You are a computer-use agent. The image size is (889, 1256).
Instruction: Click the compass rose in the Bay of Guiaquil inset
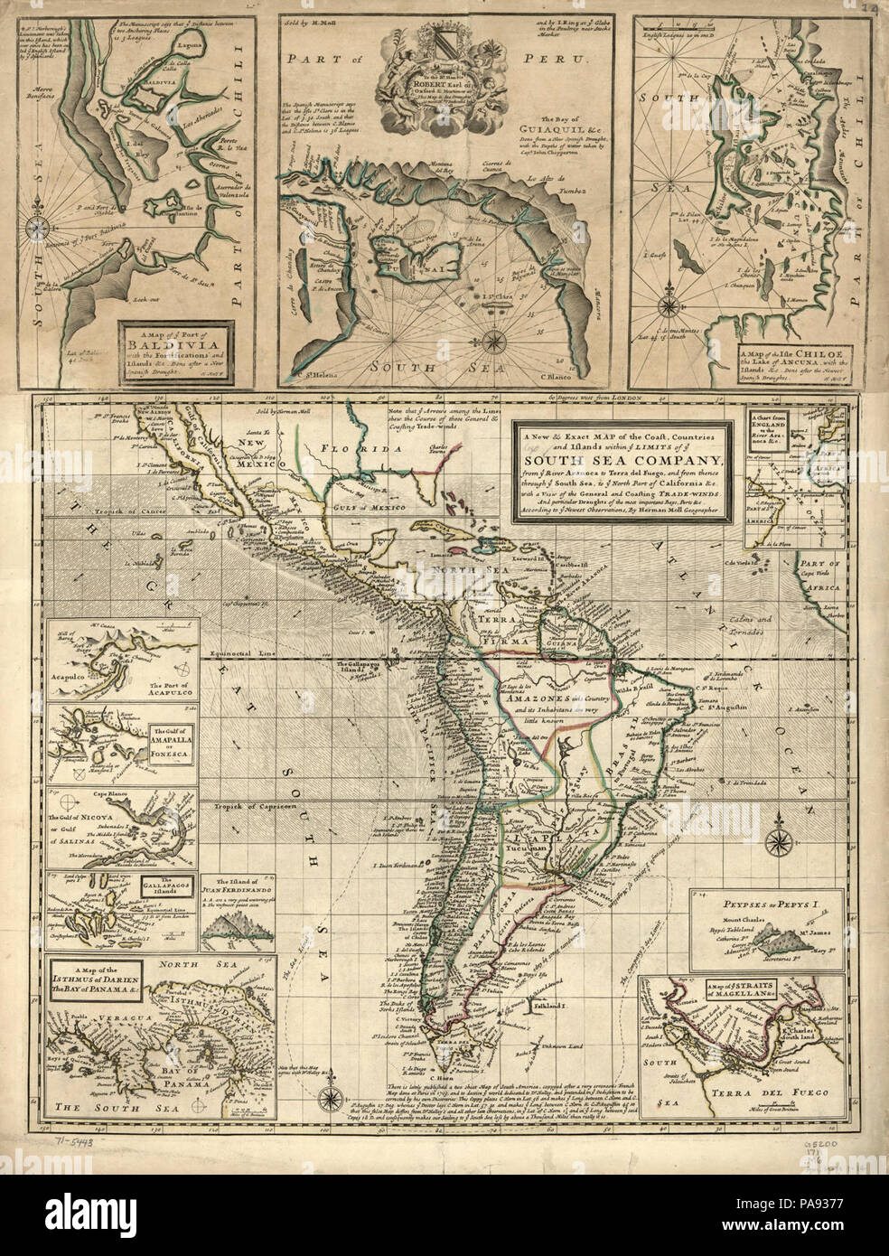coord(495,341)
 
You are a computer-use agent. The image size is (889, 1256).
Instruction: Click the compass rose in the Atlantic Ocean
coord(775,844)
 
